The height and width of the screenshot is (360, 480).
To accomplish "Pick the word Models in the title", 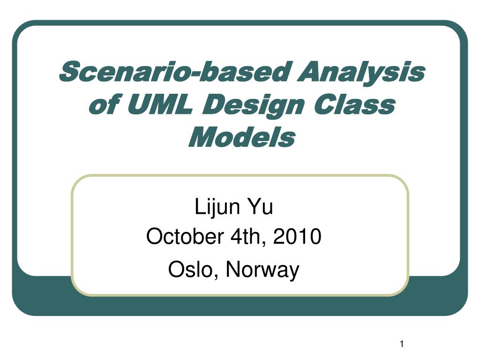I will (241, 137).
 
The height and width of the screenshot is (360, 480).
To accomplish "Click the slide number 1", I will (402, 345).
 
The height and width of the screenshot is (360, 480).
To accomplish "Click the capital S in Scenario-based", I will (68, 73).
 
